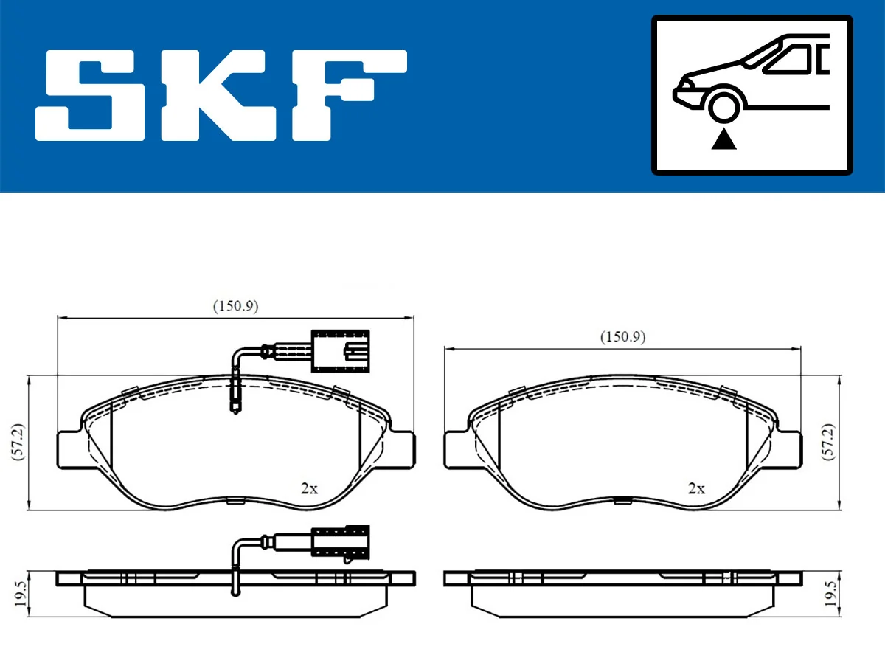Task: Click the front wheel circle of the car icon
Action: click(x=724, y=104)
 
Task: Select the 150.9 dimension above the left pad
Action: click(x=235, y=305)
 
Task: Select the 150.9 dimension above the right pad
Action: click(x=622, y=337)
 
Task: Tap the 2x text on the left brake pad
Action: click(x=309, y=488)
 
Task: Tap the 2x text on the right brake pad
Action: click(x=696, y=488)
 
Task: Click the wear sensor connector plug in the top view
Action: click(x=340, y=350)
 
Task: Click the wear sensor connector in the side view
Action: click(x=340, y=544)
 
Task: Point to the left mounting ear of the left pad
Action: click(x=71, y=448)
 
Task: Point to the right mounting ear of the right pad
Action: click(x=788, y=448)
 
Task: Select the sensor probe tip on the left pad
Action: click(x=236, y=406)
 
